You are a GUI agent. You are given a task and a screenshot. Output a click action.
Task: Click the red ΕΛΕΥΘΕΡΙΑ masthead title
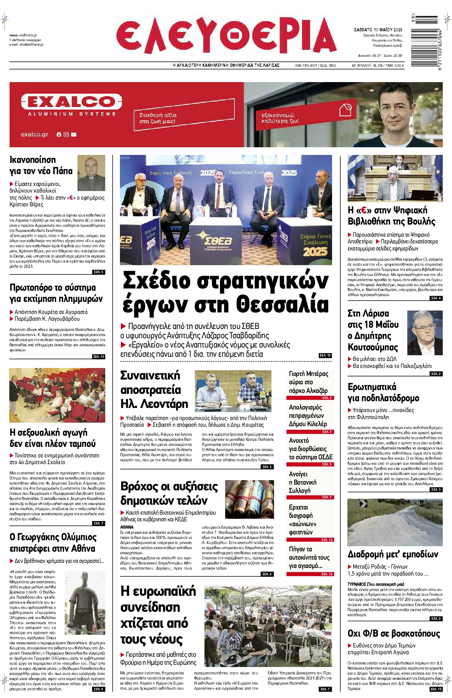[x=226, y=36]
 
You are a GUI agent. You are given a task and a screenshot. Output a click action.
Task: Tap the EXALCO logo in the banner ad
[x=71, y=102]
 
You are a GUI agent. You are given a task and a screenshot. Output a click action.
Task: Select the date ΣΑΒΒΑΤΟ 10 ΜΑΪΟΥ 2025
[x=378, y=30]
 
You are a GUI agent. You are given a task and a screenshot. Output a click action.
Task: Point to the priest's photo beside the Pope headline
[x=91, y=173]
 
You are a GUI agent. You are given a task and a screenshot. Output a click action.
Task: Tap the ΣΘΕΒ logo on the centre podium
[x=218, y=241]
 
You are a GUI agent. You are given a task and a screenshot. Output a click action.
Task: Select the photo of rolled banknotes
[x=249, y=499]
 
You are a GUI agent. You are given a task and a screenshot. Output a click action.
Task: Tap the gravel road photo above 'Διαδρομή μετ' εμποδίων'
[x=395, y=522]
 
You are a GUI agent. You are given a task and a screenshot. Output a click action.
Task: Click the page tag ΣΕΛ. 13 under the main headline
[x=325, y=355]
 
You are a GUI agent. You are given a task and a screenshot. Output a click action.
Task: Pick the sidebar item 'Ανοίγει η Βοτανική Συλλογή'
[x=302, y=482]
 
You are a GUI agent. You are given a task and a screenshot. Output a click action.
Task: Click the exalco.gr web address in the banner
[x=34, y=134]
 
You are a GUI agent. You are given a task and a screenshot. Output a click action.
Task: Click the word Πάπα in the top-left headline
[x=62, y=171]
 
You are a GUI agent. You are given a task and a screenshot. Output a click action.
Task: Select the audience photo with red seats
[x=57, y=395]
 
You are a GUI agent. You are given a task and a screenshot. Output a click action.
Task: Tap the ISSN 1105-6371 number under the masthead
[x=306, y=65]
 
